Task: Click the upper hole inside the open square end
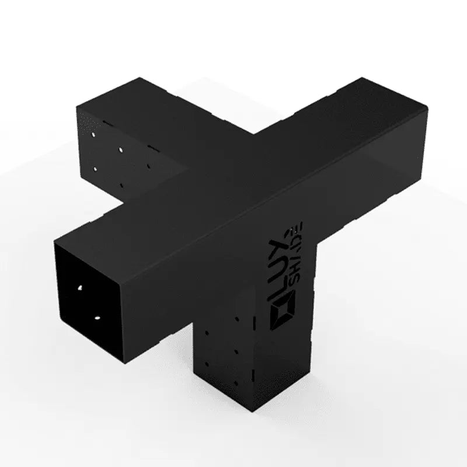[x=79, y=289]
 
